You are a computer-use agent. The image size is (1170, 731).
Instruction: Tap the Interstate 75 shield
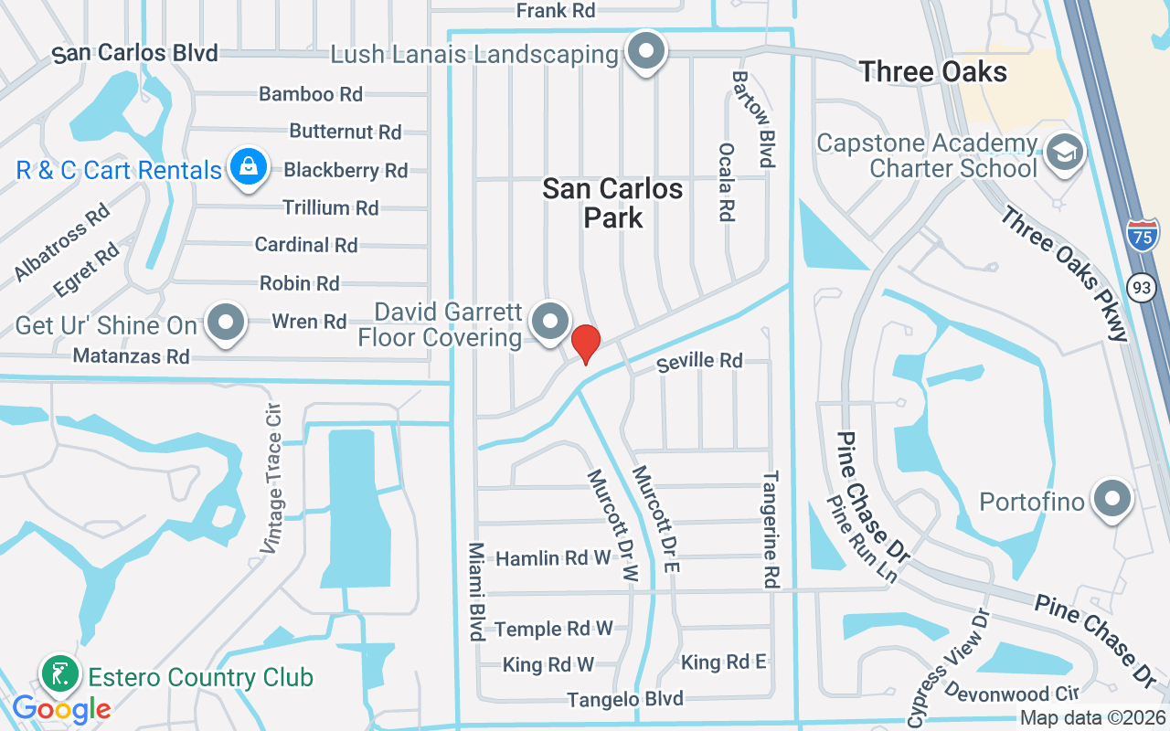click(x=1142, y=235)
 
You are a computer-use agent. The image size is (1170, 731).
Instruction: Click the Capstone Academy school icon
click(x=1063, y=153)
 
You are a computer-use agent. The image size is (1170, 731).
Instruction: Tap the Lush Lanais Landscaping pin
click(x=647, y=51)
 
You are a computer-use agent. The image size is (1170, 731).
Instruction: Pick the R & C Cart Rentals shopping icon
click(x=248, y=167)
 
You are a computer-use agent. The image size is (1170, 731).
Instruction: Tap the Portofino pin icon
click(x=1112, y=499)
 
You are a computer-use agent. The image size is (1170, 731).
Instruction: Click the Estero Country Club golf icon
click(x=60, y=675)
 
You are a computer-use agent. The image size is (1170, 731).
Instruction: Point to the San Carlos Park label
click(x=612, y=203)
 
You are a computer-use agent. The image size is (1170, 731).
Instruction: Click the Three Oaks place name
click(x=933, y=72)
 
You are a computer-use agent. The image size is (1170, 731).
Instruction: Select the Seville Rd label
click(x=699, y=361)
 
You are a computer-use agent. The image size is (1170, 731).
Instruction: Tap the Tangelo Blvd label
click(x=625, y=699)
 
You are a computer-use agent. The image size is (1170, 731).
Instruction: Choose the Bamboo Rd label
click(x=311, y=93)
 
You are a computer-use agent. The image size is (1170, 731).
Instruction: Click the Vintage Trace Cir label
click(x=272, y=479)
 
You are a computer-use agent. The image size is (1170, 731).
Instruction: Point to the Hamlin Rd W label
click(x=552, y=557)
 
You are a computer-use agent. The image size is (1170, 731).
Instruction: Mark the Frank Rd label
click(x=556, y=11)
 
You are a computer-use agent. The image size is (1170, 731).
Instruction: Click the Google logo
click(x=61, y=709)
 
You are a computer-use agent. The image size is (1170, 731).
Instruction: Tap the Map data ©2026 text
click(x=1092, y=718)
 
